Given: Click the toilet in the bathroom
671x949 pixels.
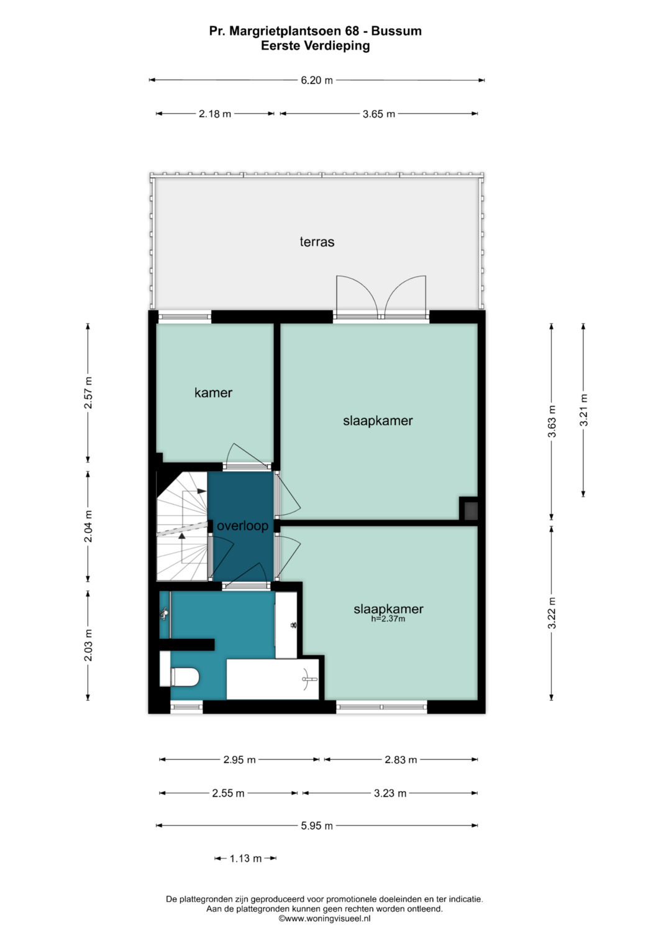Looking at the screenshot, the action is coord(180,671).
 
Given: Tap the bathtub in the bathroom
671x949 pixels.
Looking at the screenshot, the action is coord(273,679).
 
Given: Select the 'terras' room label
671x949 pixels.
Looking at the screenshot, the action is coord(317,242).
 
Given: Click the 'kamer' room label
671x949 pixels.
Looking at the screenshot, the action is coord(214,393).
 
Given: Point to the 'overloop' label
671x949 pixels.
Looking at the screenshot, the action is coord(243,526).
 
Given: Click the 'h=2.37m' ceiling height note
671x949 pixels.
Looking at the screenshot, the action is coord(388,618).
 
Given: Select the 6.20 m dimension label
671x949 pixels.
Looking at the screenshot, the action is coord(317,80).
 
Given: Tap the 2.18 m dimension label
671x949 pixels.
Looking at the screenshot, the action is coord(215,114).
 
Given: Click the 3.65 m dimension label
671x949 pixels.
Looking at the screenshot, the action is coord(379,114).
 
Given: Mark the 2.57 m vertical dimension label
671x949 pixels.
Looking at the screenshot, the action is coord(88,393).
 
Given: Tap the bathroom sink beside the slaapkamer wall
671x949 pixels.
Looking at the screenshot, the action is coord(286,625).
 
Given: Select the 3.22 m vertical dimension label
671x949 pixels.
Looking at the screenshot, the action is coord(552,613).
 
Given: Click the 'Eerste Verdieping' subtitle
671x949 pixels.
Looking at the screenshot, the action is coord(315,46).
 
